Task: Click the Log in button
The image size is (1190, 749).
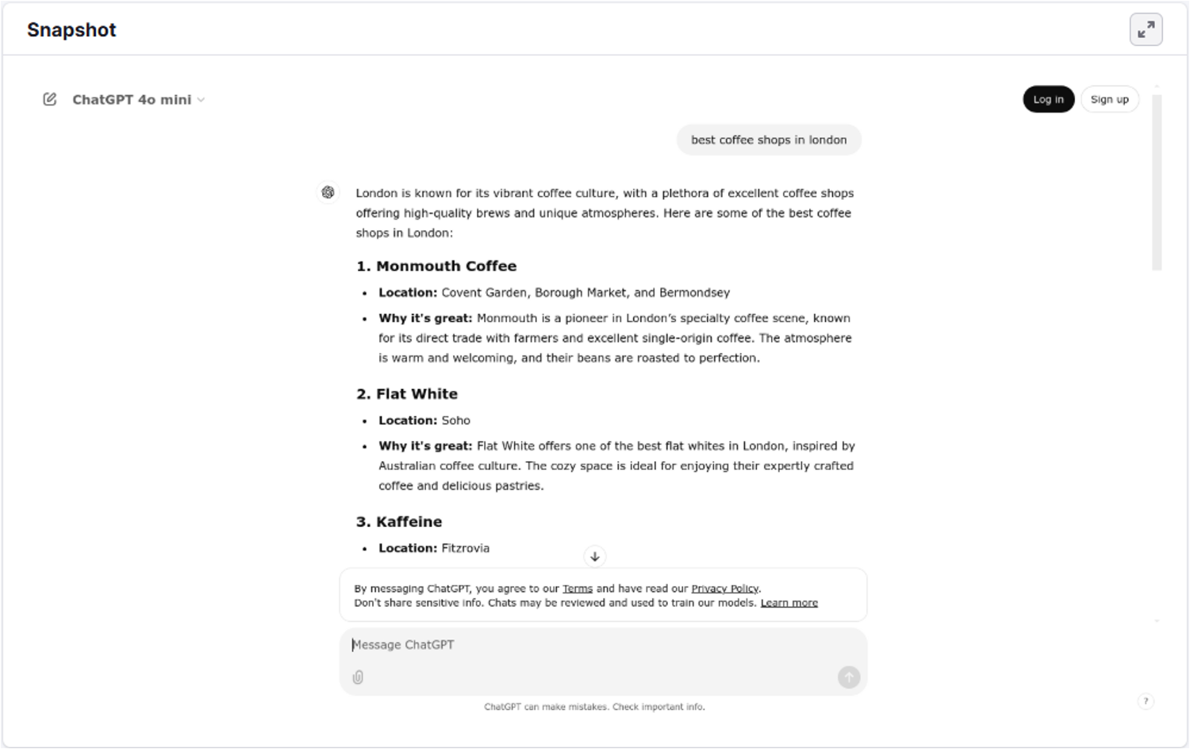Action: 1048,99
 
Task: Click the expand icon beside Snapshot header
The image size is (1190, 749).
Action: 1146,30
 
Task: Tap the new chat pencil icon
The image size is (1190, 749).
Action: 50,99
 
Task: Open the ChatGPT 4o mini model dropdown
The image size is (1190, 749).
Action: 139,100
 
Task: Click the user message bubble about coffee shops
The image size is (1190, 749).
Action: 768,140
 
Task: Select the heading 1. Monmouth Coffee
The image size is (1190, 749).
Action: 436,266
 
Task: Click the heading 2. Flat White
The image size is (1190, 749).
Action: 407,394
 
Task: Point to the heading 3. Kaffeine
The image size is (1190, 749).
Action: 399,521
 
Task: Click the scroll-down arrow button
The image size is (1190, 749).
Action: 595,556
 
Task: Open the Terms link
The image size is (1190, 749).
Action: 578,589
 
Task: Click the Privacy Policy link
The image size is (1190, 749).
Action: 725,589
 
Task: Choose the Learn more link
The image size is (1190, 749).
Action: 789,603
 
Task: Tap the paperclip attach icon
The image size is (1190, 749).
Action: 358,677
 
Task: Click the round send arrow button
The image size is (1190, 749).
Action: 849,677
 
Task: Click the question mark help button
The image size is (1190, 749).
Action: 1146,701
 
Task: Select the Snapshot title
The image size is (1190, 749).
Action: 71,30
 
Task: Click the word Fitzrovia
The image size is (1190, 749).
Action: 465,548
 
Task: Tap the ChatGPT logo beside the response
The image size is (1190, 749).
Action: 328,192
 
